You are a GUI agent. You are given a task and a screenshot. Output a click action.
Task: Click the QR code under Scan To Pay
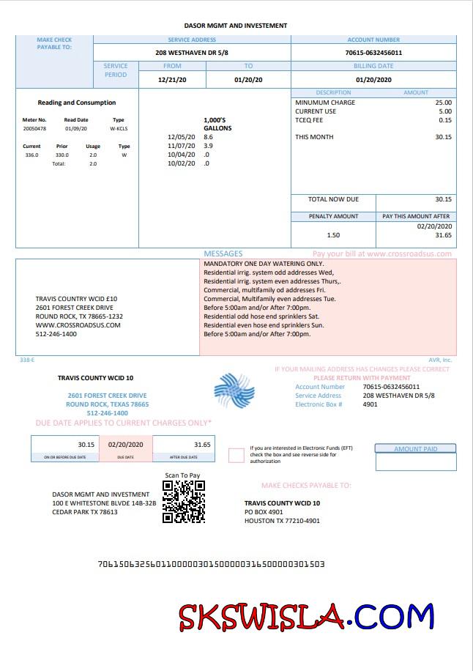(183, 502)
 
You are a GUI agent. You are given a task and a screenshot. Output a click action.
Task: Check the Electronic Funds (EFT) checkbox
(236, 456)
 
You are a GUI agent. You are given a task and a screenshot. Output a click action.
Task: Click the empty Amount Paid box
(415, 461)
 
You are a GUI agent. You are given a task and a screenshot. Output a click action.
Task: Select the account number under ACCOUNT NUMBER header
(373, 53)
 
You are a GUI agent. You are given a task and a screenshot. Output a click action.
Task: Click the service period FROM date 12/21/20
(172, 79)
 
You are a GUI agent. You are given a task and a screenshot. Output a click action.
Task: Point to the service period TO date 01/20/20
(248, 79)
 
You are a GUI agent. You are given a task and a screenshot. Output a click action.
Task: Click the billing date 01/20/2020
(373, 79)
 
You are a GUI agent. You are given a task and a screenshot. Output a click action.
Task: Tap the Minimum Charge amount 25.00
(443, 103)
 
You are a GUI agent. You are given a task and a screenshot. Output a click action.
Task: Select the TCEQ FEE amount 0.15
(445, 120)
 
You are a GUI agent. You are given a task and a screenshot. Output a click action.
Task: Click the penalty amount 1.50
(333, 235)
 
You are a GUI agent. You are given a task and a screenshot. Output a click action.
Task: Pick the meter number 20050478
(34, 129)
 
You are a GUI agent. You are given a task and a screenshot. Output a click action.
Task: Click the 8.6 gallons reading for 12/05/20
(208, 137)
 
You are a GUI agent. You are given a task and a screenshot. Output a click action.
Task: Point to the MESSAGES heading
(223, 253)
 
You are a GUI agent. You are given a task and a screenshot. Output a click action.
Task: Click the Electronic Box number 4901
(370, 404)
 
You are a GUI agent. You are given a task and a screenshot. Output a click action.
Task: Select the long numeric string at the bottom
(211, 564)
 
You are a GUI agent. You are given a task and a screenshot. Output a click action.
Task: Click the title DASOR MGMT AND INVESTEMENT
(236, 26)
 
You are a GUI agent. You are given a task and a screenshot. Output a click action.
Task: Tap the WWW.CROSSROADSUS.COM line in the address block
(78, 325)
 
